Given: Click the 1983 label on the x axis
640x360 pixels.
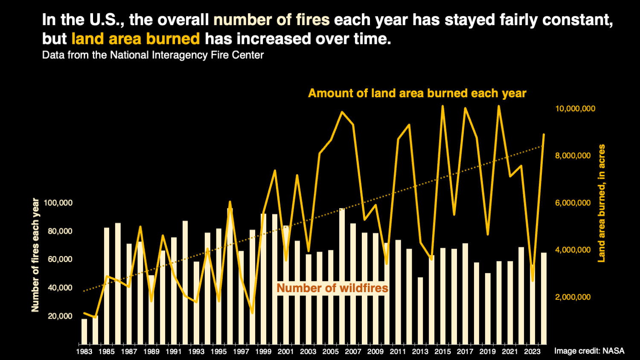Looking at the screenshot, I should coord(84,351).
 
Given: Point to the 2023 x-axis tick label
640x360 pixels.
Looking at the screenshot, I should coord(532,351).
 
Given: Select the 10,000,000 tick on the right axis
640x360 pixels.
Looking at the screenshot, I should coord(575,109).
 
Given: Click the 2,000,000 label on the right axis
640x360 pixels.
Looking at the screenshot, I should coord(573,297).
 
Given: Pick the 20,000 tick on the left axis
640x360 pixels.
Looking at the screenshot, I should coord(60,316).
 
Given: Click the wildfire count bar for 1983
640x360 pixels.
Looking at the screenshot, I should coord(84,331).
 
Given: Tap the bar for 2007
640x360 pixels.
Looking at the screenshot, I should coord(353,284).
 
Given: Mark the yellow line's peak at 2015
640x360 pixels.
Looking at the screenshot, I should coord(442,106).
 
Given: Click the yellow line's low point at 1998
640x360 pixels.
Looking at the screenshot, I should coord(252,313).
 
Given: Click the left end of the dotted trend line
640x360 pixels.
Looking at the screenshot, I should coord(84,291).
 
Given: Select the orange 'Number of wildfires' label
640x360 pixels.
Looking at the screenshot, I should coord(332,288).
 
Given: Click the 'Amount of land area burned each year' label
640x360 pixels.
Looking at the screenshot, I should coord(417,93).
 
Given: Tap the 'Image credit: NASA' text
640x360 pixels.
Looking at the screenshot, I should coord(589,351).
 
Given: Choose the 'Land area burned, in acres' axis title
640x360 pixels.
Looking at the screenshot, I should coord(602,203).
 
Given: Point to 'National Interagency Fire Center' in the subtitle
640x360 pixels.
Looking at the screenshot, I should coord(187,55).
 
